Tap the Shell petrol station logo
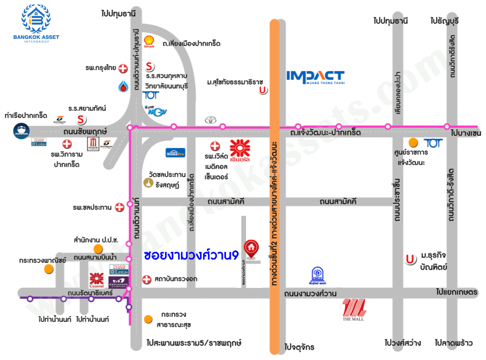click(149, 42)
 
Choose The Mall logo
click(354, 310)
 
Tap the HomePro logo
click(175, 152)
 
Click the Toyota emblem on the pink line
click(209, 120)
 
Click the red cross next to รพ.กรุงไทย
click(123, 69)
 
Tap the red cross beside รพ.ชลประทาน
click(119, 208)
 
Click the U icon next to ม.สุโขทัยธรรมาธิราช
click(264, 90)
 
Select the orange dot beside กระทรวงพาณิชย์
click(49, 268)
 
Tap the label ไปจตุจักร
click(299, 347)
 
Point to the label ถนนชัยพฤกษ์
click(85, 132)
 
